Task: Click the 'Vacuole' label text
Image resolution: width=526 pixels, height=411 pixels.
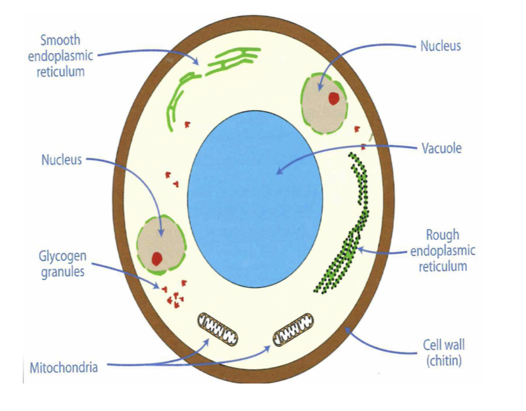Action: [441, 148]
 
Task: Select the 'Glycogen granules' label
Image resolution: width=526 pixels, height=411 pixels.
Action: [63, 264]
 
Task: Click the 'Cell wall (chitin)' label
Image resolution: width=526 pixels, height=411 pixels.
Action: [444, 352]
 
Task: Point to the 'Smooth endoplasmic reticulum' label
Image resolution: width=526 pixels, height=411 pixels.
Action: [60, 56]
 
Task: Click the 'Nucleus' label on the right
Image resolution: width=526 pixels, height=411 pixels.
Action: [440, 47]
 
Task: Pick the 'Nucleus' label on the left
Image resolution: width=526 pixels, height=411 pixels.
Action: [61, 160]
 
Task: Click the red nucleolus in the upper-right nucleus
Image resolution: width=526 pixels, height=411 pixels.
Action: [334, 99]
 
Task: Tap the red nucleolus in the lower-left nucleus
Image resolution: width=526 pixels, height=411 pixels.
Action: [157, 258]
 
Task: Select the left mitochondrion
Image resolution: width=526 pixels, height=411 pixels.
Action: [217, 329]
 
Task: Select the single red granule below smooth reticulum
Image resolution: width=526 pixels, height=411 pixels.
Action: [187, 124]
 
